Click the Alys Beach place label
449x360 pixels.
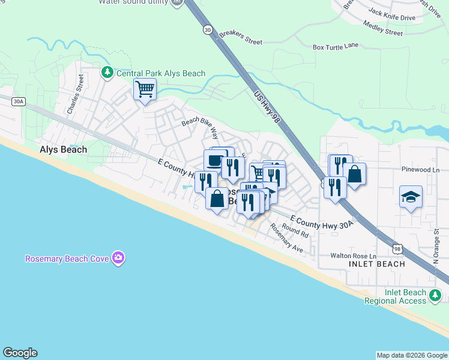(x=63, y=149)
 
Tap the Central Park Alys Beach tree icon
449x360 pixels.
(x=107, y=73)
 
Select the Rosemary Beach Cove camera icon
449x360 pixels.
(x=118, y=259)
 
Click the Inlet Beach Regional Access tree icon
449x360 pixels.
(x=435, y=295)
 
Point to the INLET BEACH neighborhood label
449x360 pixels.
(x=376, y=264)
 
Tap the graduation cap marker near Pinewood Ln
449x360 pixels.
(x=411, y=197)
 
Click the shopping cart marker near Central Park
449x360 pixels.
(x=145, y=90)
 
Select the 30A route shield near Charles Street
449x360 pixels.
(x=19, y=101)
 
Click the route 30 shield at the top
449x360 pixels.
(x=208, y=29)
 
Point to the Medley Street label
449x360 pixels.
(x=383, y=28)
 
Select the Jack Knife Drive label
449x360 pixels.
(x=391, y=14)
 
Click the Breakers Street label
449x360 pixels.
(x=241, y=38)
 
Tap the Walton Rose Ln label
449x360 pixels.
(x=353, y=256)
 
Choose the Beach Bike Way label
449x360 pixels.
(x=200, y=128)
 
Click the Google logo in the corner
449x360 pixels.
(x=20, y=353)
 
